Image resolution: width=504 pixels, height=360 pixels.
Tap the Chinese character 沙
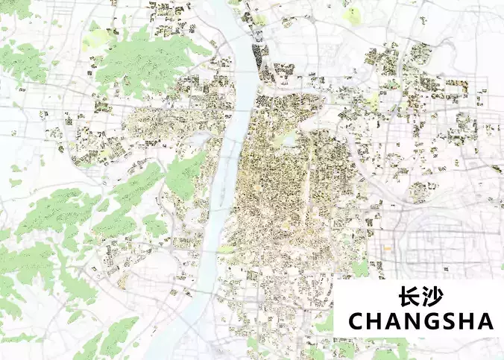point(433,297)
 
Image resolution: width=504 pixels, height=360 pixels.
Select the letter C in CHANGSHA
point(356,322)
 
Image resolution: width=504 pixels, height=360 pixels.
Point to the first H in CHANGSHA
point(375,322)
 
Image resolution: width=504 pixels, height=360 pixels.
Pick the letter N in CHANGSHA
point(412,322)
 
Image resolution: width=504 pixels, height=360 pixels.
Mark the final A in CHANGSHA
point(485,322)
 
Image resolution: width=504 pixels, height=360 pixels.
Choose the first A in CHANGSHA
point(393,322)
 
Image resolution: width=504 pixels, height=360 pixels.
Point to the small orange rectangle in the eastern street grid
point(388,247)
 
